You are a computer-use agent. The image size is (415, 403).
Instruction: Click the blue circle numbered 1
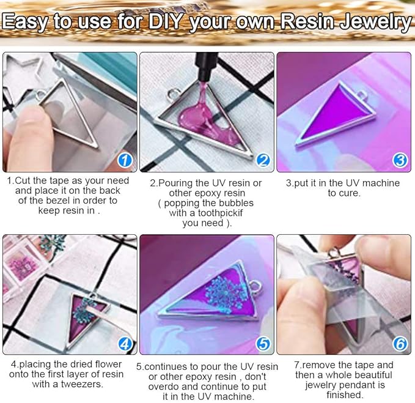[x=125, y=160]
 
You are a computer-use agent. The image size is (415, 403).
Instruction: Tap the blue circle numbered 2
[x=263, y=160]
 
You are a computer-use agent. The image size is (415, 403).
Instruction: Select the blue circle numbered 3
[x=400, y=160]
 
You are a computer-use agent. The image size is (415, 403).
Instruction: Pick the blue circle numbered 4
[x=125, y=344]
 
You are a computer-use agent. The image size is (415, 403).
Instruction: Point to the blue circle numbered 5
[x=263, y=344]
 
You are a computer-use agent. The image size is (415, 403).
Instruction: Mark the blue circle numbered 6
[x=400, y=344]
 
